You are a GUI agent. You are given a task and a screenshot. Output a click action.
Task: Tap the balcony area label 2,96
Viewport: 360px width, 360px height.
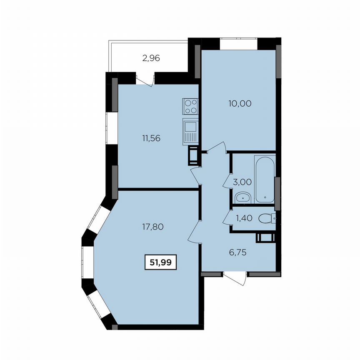tap(151, 58)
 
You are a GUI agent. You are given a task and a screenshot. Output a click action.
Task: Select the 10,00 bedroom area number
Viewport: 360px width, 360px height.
tap(240, 103)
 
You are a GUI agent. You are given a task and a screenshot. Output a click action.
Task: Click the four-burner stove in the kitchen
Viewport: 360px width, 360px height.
tap(190, 106)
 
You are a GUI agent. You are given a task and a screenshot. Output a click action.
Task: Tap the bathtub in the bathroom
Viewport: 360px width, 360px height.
tap(265, 179)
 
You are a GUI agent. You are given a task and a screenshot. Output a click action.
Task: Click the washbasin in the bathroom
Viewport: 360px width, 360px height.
tap(242, 197)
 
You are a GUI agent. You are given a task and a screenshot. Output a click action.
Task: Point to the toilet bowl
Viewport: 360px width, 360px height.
tap(265, 217)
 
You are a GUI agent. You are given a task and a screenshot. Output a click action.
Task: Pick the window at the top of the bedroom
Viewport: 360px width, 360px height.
tap(239, 43)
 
